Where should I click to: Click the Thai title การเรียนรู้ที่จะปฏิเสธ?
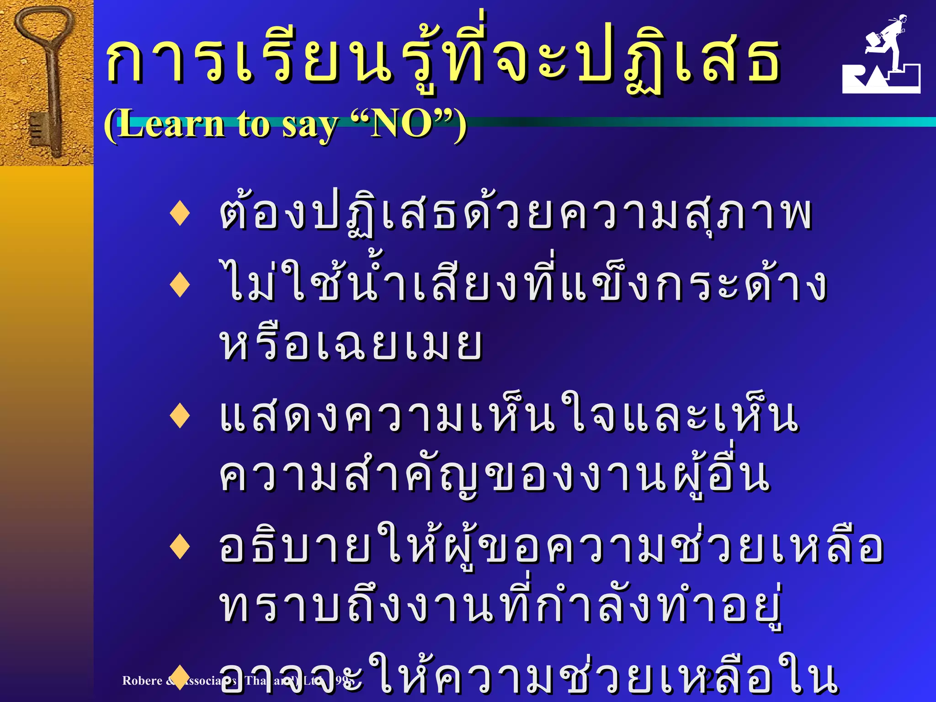(442, 59)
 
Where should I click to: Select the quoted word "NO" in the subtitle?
(401, 124)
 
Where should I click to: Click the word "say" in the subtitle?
(310, 126)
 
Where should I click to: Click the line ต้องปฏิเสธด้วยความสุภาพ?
(515, 214)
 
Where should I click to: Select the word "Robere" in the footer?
(142, 681)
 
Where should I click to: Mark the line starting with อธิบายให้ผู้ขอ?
(550, 546)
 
